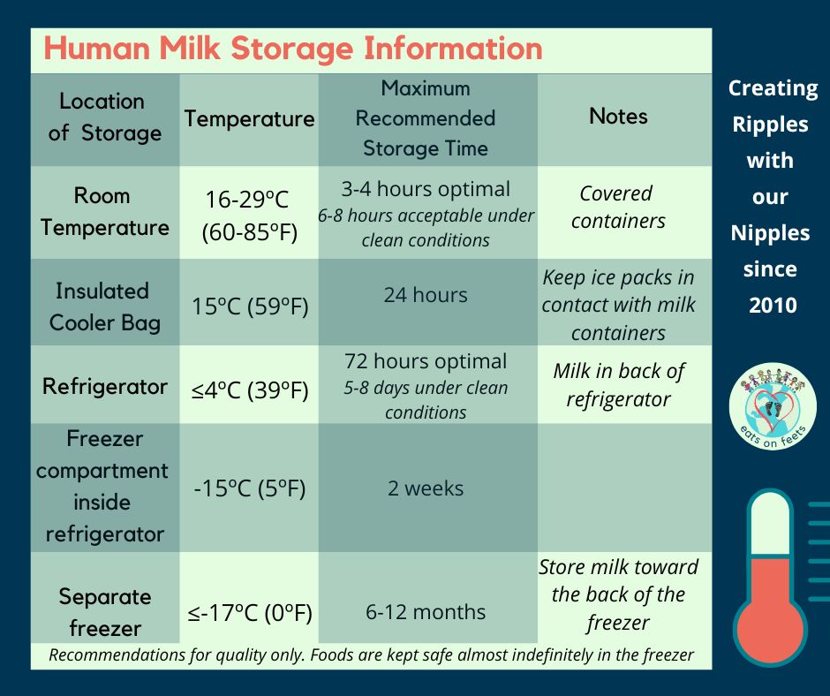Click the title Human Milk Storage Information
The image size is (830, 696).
click(x=293, y=49)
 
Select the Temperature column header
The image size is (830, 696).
click(x=249, y=118)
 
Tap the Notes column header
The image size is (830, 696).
click(x=618, y=116)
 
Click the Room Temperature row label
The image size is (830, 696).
click(x=105, y=212)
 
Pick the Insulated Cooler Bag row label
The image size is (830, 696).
click(x=105, y=307)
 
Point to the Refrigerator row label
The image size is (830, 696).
click(x=105, y=386)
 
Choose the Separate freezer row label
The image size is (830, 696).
click(x=105, y=612)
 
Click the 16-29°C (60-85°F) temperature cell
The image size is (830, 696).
click(x=249, y=216)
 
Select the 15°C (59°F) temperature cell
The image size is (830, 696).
click(x=250, y=306)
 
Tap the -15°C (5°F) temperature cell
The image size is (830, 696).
click(x=250, y=488)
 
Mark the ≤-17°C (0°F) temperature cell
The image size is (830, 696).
click(x=250, y=613)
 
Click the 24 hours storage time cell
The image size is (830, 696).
click(x=426, y=295)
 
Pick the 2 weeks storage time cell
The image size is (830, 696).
click(x=426, y=488)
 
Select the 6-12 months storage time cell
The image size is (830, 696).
click(x=426, y=612)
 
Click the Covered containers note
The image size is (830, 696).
click(x=618, y=207)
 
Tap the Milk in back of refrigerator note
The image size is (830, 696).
click(x=618, y=385)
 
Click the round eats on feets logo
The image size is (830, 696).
click(x=773, y=407)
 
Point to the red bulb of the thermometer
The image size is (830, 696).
click(x=770, y=629)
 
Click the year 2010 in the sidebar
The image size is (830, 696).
click(x=773, y=305)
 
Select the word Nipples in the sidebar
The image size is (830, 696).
click(x=770, y=233)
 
